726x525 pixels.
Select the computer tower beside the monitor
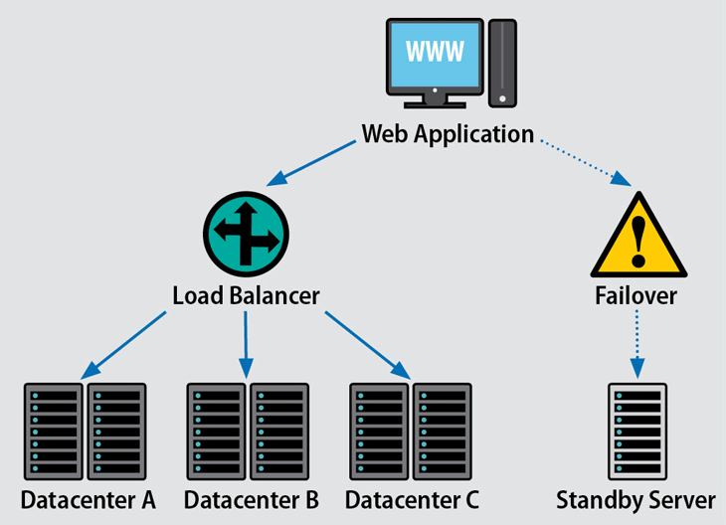[502, 63]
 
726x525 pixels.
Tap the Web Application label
[448, 133]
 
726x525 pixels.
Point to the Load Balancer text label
[246, 295]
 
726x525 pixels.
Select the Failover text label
[635, 295]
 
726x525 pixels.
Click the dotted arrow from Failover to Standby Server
[635, 344]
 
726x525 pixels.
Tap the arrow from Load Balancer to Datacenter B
[245, 344]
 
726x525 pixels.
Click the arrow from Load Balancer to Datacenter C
[367, 343]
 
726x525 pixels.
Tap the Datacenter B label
[251, 498]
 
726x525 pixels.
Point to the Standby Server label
[635, 498]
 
